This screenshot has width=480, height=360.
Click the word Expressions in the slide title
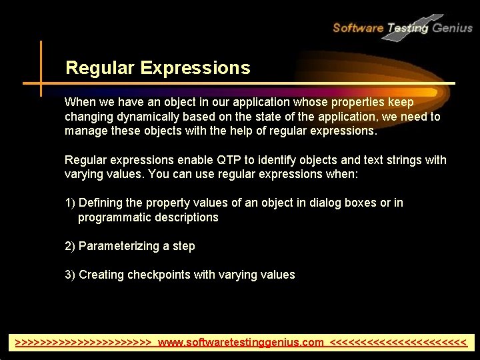coord(195,68)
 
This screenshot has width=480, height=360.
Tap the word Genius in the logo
coord(452,27)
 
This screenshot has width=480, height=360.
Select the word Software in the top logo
coord(357,27)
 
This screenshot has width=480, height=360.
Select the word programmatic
coord(115,217)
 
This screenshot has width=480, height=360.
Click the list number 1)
coord(70,203)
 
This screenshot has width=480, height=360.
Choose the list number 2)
coord(70,246)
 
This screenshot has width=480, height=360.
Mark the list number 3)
coord(70,275)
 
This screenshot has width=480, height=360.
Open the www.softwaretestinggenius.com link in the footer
coord(241,343)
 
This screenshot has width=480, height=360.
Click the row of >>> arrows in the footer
coord(83,343)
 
